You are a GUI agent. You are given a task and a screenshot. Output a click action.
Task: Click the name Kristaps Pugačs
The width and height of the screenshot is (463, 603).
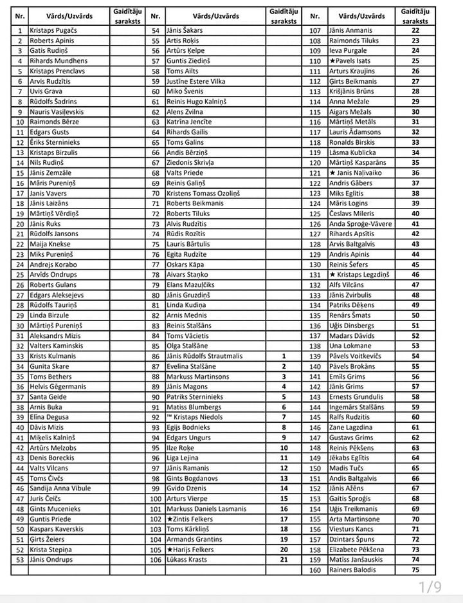pyautogui.click(x=53, y=30)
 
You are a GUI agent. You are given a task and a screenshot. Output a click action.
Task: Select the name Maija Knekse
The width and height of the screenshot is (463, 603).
pyautogui.click(x=49, y=245)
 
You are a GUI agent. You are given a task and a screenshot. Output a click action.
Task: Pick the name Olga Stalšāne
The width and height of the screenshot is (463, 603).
pyautogui.click(x=187, y=346)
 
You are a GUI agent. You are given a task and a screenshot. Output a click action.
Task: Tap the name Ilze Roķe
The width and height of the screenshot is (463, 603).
pyautogui.click(x=181, y=447)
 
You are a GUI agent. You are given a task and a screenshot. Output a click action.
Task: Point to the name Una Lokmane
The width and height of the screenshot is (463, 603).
pyautogui.click(x=349, y=346)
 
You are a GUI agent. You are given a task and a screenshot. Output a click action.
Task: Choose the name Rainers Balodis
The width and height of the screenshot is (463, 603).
pyautogui.click(x=352, y=570)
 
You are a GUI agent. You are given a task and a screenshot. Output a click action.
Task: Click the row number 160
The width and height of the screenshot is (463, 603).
pyautogui.click(x=315, y=570)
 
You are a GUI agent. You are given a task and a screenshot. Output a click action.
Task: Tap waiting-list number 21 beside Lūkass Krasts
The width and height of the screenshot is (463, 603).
pyautogui.click(x=284, y=560)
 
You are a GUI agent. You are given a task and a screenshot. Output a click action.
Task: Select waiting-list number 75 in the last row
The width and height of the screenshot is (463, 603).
pyautogui.click(x=415, y=570)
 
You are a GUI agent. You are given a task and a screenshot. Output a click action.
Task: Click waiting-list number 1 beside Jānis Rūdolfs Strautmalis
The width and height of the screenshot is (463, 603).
pyautogui.click(x=284, y=356)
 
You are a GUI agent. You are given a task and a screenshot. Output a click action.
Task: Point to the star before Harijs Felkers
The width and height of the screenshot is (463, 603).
pyautogui.click(x=170, y=550)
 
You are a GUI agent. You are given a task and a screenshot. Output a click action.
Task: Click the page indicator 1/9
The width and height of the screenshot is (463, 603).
pyautogui.click(x=430, y=587)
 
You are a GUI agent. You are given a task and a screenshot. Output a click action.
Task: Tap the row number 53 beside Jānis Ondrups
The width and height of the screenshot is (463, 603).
pyautogui.click(x=21, y=560)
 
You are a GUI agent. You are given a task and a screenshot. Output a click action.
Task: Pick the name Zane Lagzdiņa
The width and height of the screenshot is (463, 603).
pyautogui.click(x=350, y=427)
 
